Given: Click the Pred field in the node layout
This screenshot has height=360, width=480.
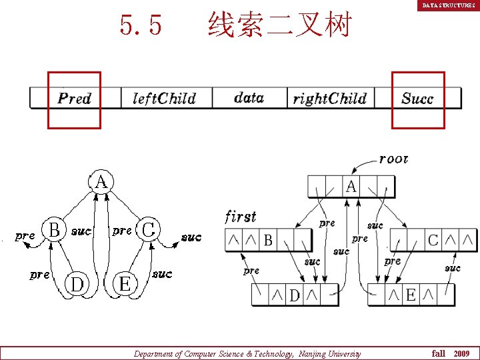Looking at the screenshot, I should tap(75, 99).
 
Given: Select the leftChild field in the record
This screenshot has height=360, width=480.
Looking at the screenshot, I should tap(164, 99).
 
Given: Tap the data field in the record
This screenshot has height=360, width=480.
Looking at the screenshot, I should tap(249, 98).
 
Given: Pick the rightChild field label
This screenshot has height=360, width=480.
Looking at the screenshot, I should tap(330, 99).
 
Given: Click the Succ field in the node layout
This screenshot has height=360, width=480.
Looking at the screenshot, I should tap(417, 99).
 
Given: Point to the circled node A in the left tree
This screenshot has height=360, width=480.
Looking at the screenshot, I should tap(101, 181).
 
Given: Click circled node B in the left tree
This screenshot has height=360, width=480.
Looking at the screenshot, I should tap(55, 230).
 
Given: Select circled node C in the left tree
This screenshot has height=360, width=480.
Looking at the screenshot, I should tap(149, 230).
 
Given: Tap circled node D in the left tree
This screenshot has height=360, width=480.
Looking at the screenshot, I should tap(77, 284).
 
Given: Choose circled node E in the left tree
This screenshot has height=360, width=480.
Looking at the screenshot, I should tap(124, 284).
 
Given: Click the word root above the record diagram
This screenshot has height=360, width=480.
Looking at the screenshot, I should tap(393, 159).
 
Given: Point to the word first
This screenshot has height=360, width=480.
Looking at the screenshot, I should tap(240, 217).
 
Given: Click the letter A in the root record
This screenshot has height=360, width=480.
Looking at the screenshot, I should tap(351, 187).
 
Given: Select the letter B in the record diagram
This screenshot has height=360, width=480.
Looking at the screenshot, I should tap(268, 240).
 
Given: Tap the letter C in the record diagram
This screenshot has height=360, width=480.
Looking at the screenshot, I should tap(433, 240).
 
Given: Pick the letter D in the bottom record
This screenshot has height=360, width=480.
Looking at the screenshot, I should tap(294, 295).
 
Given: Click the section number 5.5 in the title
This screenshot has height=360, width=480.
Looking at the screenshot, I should tap(141, 25).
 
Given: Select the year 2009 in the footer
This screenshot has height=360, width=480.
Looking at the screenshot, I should tap(461, 353).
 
